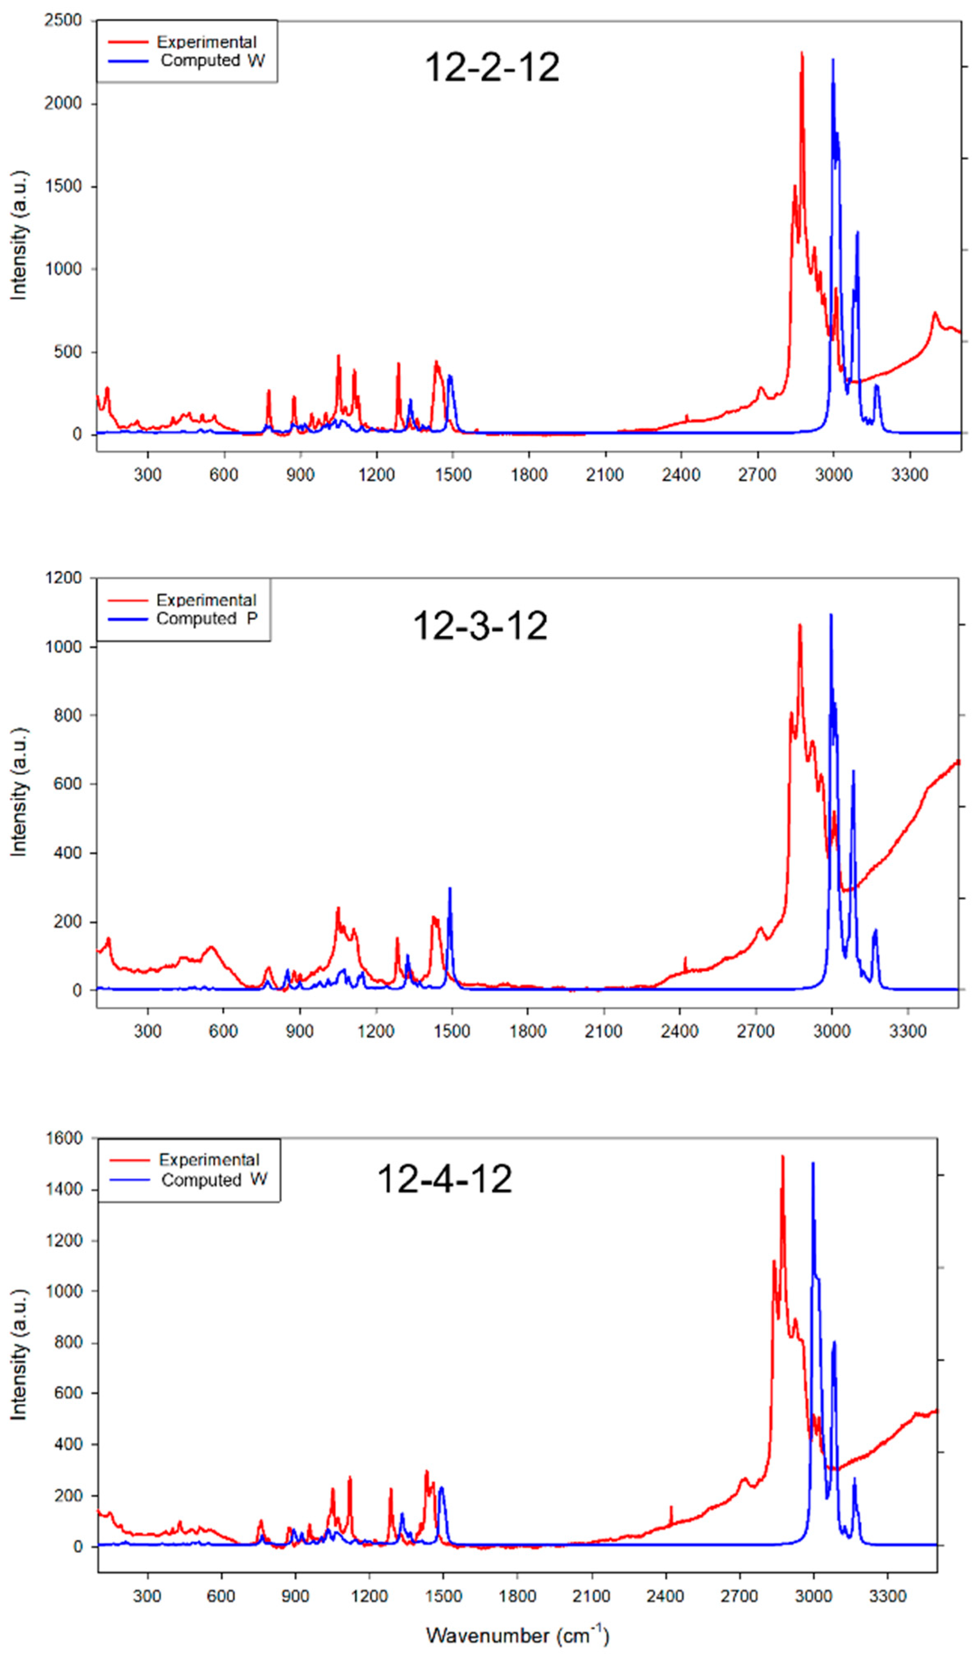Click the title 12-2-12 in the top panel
[x=492, y=67]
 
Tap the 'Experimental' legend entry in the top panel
[x=206, y=42]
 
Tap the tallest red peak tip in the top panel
[x=802, y=52]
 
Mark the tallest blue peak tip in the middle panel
[x=831, y=615]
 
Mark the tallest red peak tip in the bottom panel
[x=782, y=1156]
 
